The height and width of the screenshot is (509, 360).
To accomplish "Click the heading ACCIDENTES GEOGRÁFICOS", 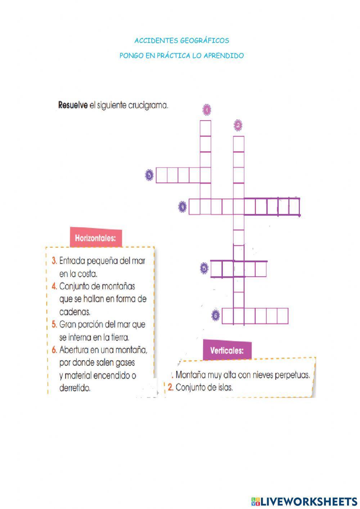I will click(181, 41).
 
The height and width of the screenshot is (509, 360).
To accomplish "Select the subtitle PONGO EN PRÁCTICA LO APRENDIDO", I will click(181, 56).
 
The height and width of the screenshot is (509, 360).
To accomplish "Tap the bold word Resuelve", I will click(73, 106).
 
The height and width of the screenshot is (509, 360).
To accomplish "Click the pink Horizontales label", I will click(95, 238).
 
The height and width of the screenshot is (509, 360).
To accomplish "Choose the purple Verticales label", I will click(227, 351).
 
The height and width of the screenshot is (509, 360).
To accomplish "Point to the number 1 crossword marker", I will click(207, 110).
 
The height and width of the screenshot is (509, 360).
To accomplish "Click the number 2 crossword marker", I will click(238, 125).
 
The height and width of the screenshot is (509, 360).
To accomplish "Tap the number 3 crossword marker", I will click(149, 175).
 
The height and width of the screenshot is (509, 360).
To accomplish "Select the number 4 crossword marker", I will click(183, 207).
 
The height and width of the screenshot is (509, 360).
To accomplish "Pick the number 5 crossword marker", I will click(204, 268).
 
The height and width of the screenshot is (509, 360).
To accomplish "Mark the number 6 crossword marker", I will click(216, 316).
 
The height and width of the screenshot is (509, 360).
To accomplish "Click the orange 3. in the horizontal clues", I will click(54, 260).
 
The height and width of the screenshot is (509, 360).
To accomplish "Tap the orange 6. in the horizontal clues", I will click(54, 349).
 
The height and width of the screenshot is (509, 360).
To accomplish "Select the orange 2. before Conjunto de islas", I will click(171, 388).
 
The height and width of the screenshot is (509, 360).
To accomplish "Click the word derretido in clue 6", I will click(75, 388).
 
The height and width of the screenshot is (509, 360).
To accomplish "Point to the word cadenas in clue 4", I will click(75, 312).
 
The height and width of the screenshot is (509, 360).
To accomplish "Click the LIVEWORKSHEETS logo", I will click(304, 501).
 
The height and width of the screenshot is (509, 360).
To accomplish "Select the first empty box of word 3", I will click(161, 175).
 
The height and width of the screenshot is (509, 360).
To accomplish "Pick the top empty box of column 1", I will click(206, 128).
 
